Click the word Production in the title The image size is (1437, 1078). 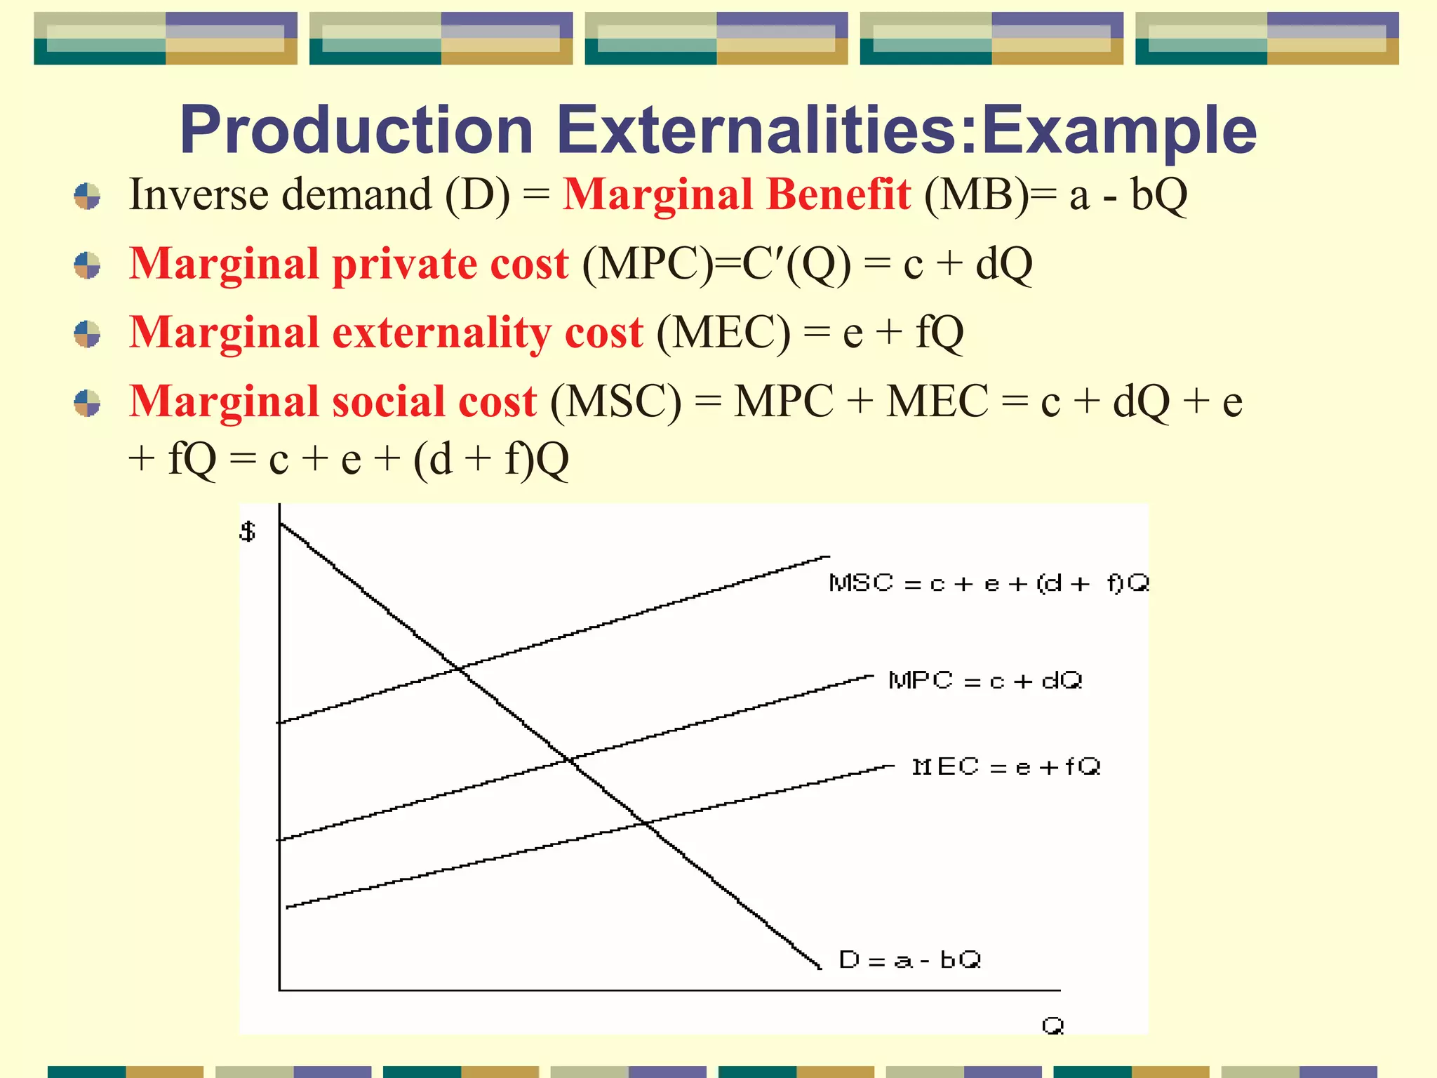(356, 131)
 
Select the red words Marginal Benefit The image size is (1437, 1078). (737, 194)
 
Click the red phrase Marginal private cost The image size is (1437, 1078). (349, 264)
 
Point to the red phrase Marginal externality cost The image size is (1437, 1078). (386, 332)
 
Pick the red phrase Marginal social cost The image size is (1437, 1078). (333, 401)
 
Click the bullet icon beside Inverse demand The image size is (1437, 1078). (88, 197)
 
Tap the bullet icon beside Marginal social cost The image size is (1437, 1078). (88, 403)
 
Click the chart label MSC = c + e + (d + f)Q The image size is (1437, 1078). (988, 583)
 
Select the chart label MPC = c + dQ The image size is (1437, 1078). (985, 681)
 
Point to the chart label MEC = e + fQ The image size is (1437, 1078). (1005, 766)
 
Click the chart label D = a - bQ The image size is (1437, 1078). (909, 959)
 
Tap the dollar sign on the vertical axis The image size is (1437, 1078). (248, 531)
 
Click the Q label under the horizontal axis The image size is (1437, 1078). (1052, 1026)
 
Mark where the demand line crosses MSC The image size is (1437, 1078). (460, 669)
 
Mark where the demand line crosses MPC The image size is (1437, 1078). (570, 760)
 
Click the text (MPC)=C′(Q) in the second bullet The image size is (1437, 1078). (716, 264)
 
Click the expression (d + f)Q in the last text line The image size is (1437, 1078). (491, 460)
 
